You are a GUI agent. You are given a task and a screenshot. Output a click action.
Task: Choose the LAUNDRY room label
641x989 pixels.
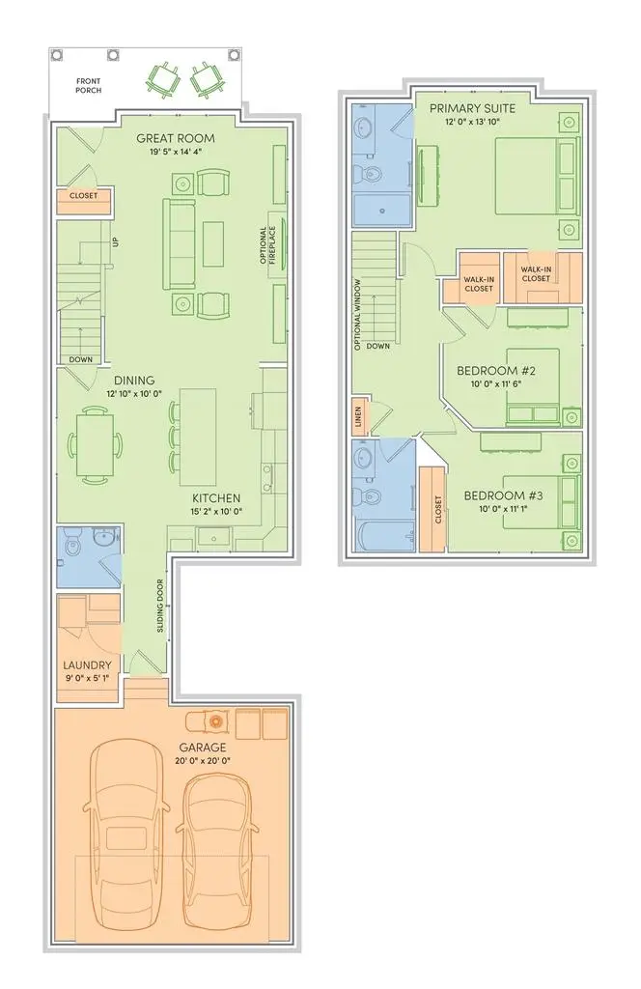[x=88, y=664]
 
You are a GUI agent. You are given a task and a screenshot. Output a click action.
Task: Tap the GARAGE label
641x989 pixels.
[x=203, y=747]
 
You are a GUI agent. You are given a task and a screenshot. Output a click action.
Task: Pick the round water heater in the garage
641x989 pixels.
[x=215, y=721]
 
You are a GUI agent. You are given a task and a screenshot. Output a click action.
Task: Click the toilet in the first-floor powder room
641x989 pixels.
[x=70, y=548]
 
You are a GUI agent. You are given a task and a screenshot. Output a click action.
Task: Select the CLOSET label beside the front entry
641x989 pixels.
[x=83, y=201]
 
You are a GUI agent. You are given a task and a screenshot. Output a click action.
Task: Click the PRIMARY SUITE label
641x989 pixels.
[x=473, y=108]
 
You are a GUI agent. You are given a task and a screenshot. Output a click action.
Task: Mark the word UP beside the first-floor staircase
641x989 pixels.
[x=114, y=240]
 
